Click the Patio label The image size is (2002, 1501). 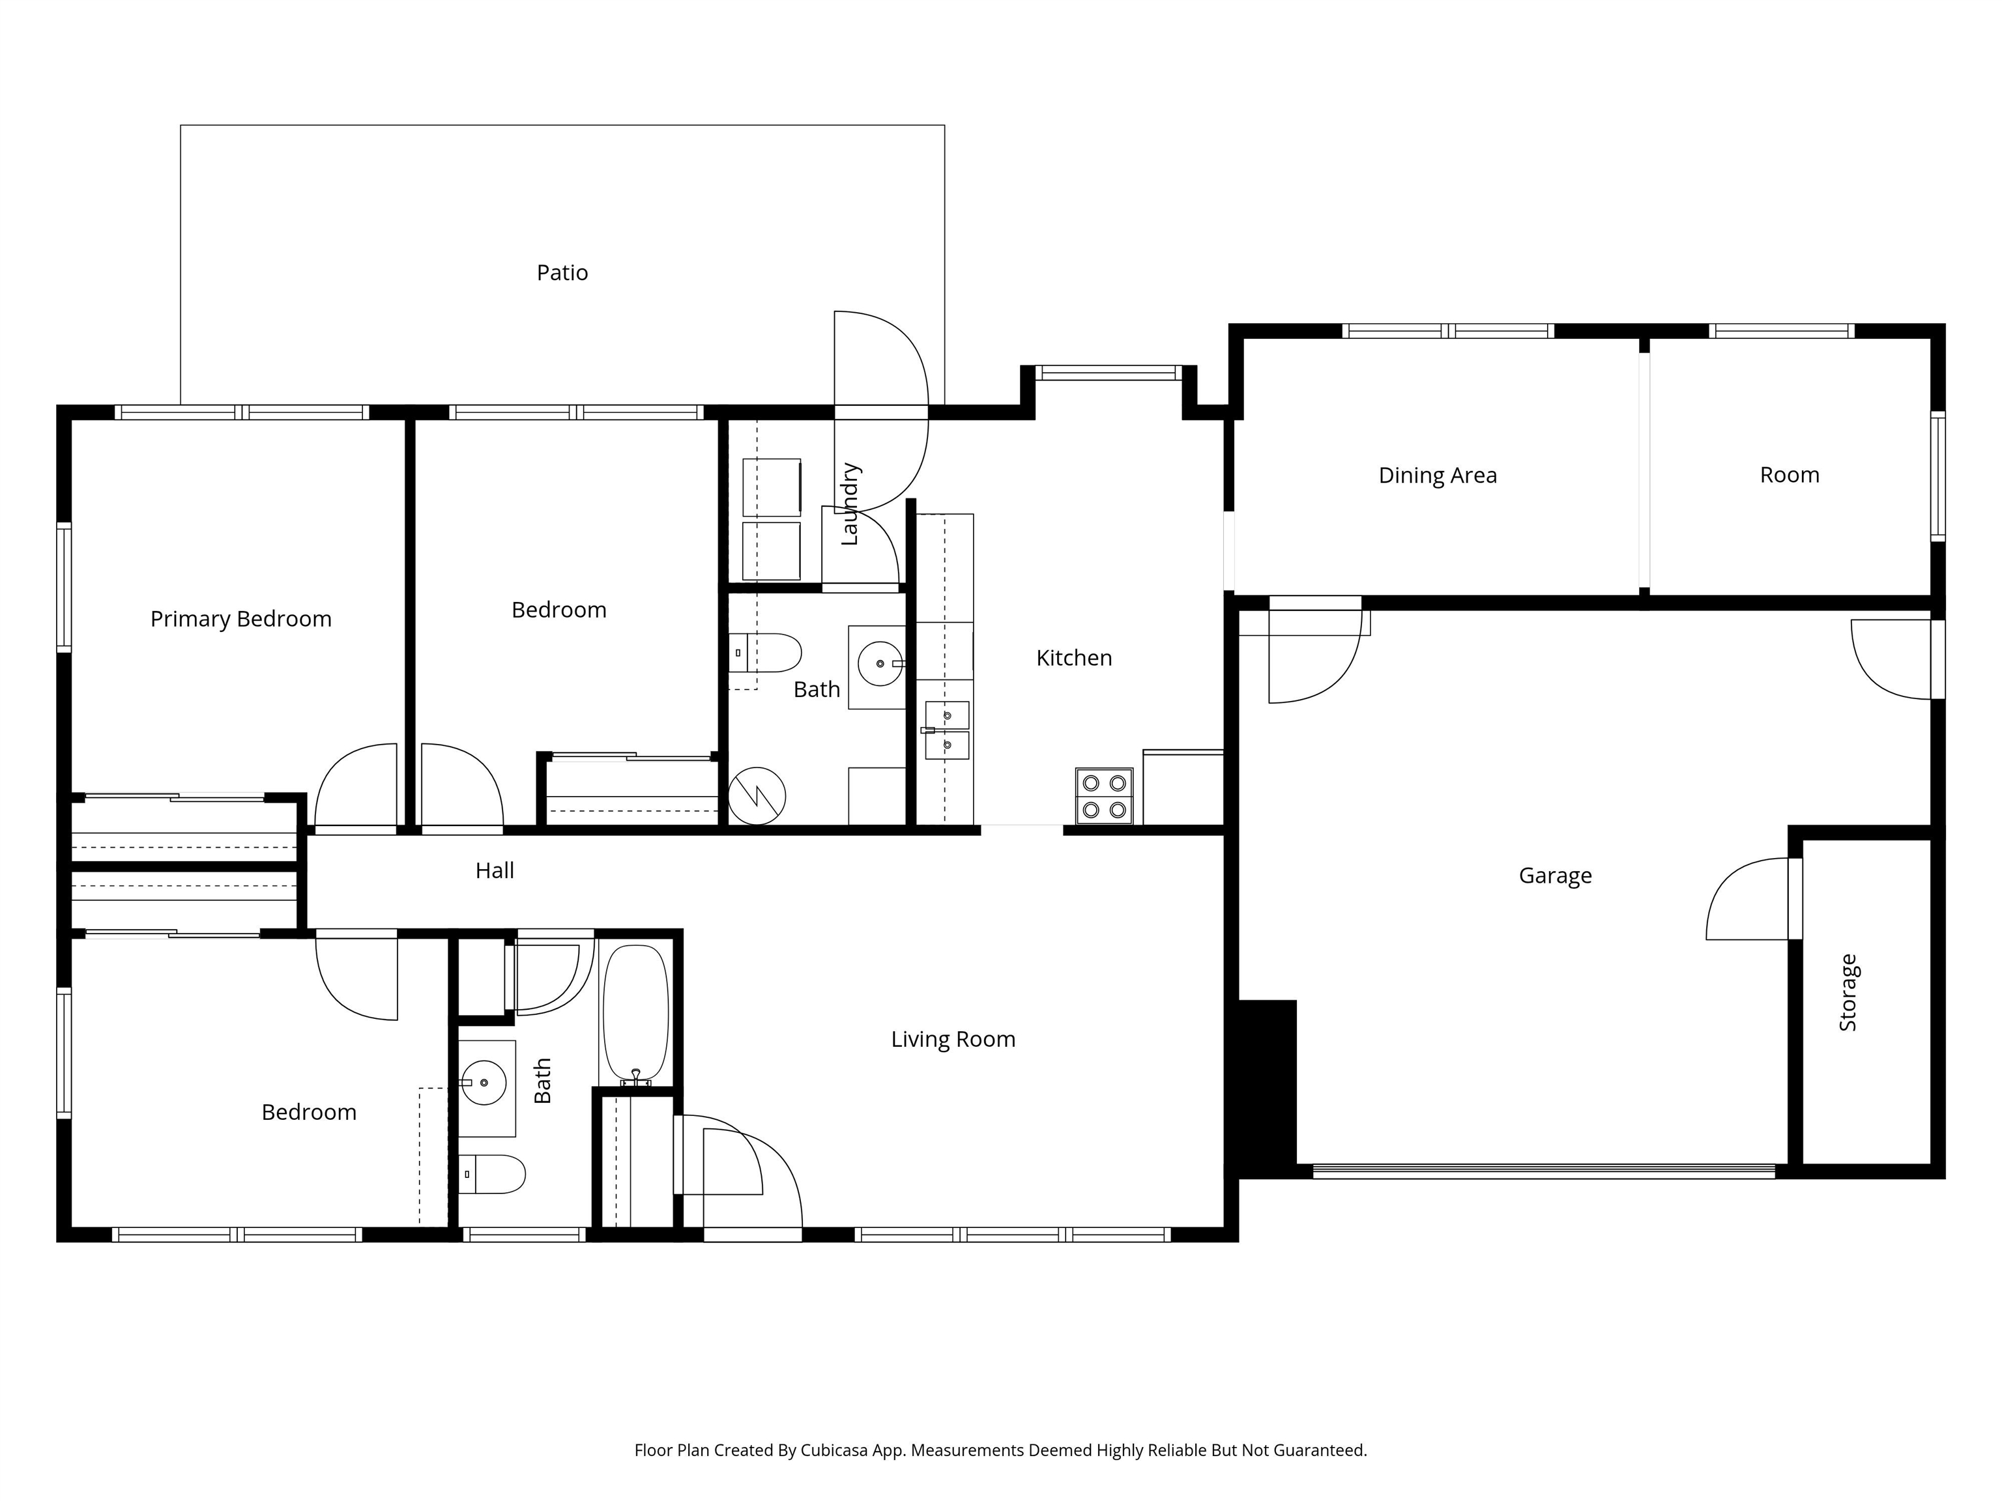562,272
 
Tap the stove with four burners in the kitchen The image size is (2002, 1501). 1104,796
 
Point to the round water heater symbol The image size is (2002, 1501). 757,796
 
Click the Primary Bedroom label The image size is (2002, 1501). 240,619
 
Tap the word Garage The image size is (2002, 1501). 1555,875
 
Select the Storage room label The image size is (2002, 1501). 1848,993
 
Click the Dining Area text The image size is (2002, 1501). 1437,475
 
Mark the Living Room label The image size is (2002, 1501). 953,1038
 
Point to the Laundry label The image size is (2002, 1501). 849,504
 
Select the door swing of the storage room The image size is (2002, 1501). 1747,900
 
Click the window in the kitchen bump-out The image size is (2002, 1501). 1108,372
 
